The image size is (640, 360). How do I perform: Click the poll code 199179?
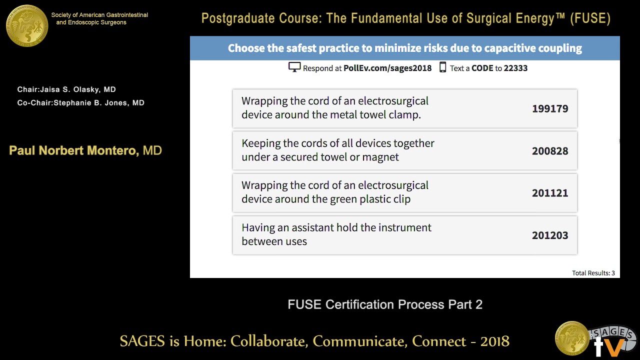coord(550,108)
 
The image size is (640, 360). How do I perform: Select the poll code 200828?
coord(550,151)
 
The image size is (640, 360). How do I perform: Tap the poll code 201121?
coord(550,193)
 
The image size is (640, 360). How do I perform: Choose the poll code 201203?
coord(550,235)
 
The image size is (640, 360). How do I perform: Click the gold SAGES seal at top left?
coord(27,25)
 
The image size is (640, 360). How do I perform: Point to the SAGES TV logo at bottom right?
coord(595,339)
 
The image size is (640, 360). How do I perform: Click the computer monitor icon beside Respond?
coord(294,67)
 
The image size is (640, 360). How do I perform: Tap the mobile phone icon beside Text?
coord(442,67)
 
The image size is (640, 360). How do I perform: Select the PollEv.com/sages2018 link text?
coord(387,68)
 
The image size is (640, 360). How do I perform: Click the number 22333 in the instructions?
coord(515,68)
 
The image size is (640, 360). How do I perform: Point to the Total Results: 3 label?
coord(593,273)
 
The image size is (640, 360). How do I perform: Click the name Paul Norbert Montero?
coord(74,150)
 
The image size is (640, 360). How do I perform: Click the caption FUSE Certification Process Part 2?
coord(385,304)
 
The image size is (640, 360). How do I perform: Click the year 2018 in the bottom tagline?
coord(494,341)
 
